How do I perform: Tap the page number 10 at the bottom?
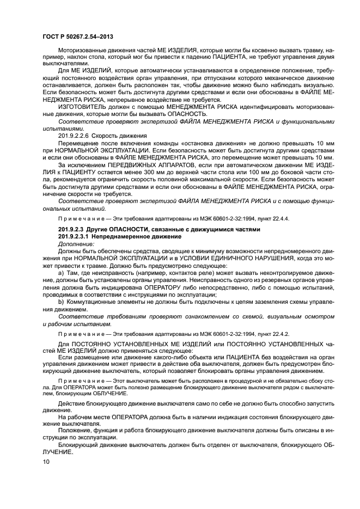coord(46,462)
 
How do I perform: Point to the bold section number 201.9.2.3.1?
coord(78,237)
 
